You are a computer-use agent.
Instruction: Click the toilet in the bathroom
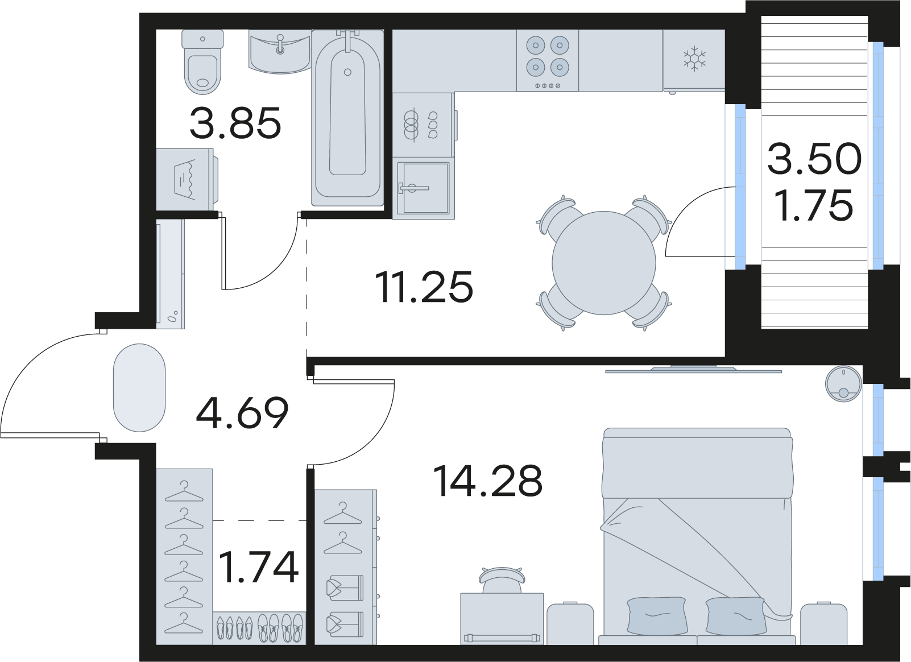coord(202,62)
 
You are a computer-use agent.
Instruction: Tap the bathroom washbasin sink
coord(280,53)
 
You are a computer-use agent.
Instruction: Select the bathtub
coord(347,118)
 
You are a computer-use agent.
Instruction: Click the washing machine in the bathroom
coord(187,179)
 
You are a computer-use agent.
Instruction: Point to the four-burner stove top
coord(548,61)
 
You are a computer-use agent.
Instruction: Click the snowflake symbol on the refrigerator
coord(694,58)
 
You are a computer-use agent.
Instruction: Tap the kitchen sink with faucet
coord(424,188)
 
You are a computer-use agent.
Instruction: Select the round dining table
coord(604,263)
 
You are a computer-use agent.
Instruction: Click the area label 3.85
coord(235,122)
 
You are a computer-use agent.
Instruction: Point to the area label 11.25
coord(424,287)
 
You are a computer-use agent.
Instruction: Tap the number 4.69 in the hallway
coord(242,413)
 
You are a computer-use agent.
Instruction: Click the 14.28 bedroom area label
coord(488,482)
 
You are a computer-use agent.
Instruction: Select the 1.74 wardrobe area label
coord(259,567)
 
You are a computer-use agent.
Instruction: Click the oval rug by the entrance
coord(139,387)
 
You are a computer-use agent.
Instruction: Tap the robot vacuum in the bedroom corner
coord(843,384)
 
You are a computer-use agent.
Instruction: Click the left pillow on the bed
coord(657,615)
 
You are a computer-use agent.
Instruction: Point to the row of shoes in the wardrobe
coord(259,628)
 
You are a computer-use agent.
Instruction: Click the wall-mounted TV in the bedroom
coord(693,370)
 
